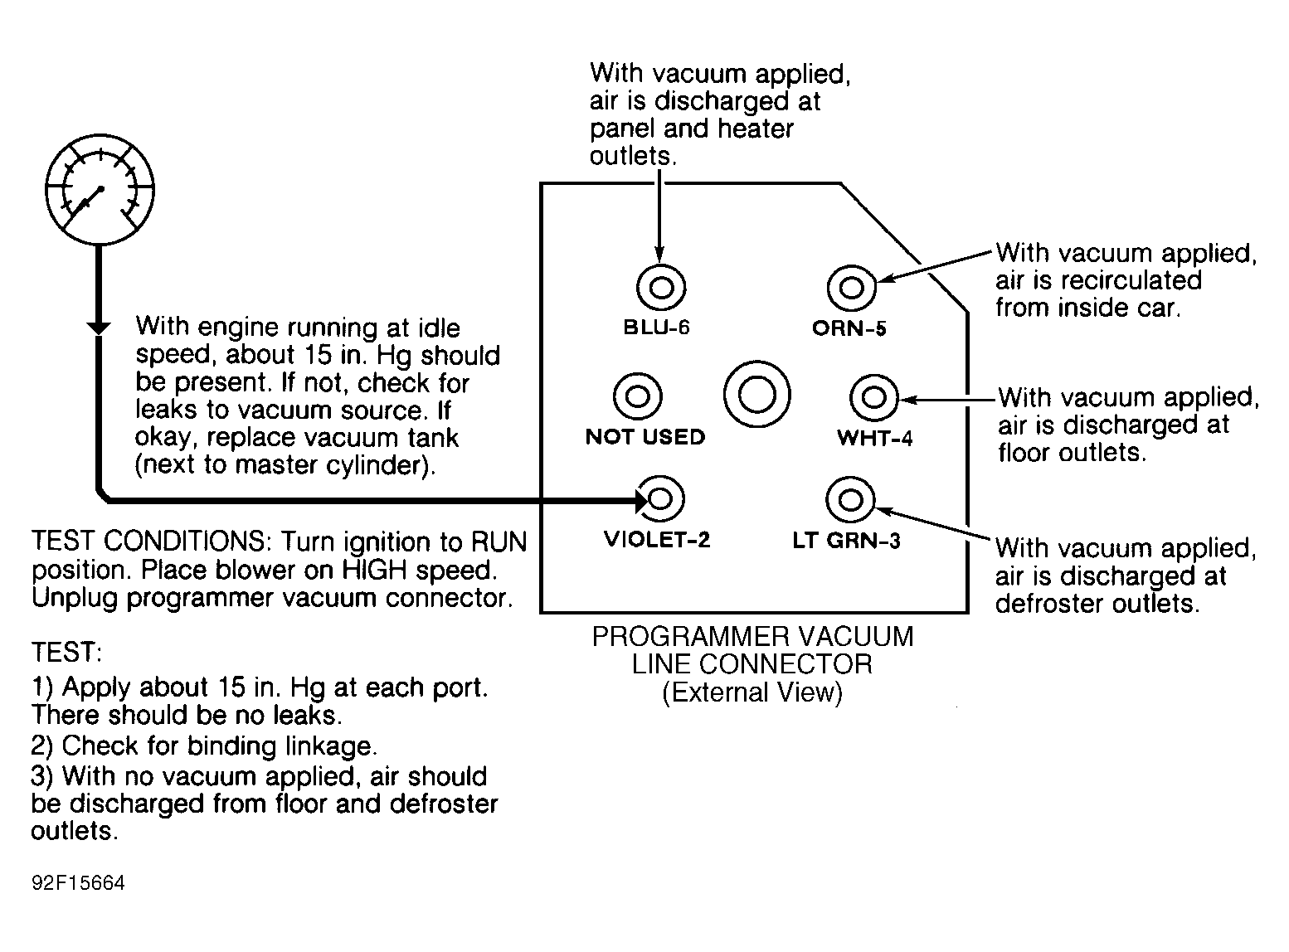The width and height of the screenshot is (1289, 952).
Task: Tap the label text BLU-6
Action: click(x=656, y=328)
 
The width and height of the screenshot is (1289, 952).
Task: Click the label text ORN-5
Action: click(x=849, y=328)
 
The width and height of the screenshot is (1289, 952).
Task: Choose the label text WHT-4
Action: click(x=874, y=438)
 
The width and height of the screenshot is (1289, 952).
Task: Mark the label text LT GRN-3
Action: click(x=846, y=541)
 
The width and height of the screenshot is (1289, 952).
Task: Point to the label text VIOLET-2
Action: click(x=657, y=539)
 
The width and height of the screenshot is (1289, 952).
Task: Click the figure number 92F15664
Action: click(x=79, y=883)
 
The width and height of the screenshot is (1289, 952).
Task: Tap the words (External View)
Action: click(x=752, y=692)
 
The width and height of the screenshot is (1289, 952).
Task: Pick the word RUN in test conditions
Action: click(x=499, y=542)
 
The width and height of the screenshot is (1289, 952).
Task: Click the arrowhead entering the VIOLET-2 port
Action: click(x=642, y=500)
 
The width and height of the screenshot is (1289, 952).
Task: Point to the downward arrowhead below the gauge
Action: click(x=99, y=328)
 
